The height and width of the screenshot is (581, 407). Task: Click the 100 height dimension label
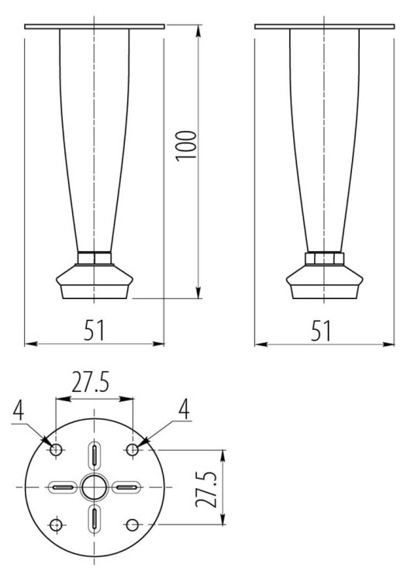(x=186, y=146)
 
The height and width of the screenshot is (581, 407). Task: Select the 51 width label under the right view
(x=321, y=331)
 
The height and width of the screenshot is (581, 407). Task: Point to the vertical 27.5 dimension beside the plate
(x=206, y=490)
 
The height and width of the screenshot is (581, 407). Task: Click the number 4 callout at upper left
(x=18, y=410)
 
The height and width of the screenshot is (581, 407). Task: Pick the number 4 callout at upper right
(x=184, y=410)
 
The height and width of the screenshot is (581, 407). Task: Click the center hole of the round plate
(x=94, y=486)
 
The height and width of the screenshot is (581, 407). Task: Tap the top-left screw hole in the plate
(x=56, y=450)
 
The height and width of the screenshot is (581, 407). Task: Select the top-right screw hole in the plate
(x=133, y=450)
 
